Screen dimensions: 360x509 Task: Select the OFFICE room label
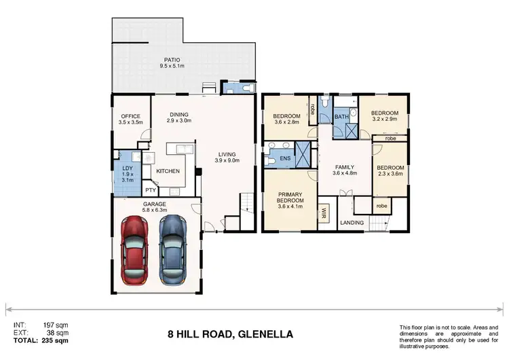point(130,115)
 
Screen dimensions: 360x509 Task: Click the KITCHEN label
point(168,171)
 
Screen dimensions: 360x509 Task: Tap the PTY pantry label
point(149,190)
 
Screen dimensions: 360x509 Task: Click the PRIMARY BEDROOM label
point(290,197)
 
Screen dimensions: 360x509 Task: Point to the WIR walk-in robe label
point(324,212)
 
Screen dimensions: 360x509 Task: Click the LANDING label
point(352,223)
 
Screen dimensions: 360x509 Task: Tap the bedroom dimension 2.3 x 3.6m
point(390,175)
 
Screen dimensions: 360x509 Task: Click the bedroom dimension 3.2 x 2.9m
point(383,120)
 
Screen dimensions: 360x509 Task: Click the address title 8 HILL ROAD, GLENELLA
point(230,334)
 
